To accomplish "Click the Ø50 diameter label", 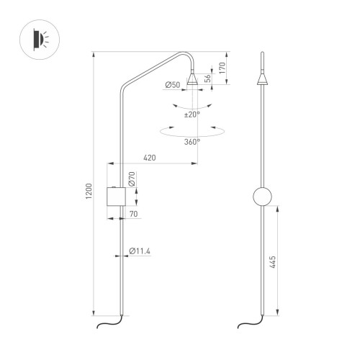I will [172, 86].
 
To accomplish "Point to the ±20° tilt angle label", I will [192, 114].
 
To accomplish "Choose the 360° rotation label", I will [192, 142].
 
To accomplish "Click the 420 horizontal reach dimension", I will [150, 158].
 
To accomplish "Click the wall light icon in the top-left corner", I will [42, 37].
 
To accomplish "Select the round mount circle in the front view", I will [262, 197].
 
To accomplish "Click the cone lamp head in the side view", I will [193, 79].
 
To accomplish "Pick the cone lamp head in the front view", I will [262, 80].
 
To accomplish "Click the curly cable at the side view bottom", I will [107, 325].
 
